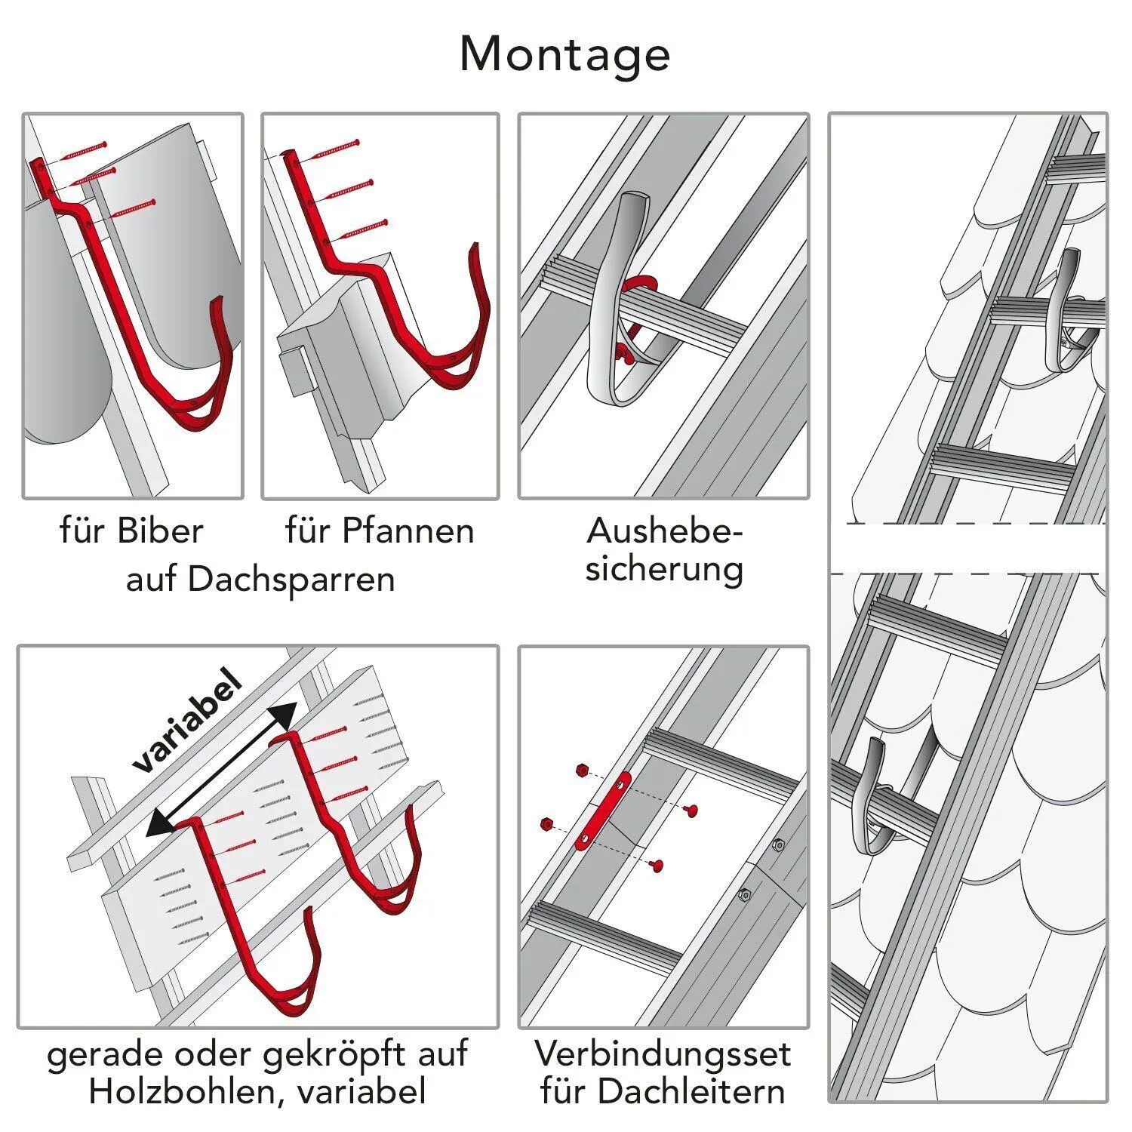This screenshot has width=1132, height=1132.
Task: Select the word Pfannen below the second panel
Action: [408, 531]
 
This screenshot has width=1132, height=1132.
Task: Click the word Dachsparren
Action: [291, 580]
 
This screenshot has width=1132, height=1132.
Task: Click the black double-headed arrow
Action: [221, 769]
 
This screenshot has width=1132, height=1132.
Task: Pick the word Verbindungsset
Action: [663, 1054]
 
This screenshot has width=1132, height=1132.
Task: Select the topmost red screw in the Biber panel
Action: [85, 150]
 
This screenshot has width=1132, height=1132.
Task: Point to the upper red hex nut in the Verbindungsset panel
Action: [582, 771]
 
